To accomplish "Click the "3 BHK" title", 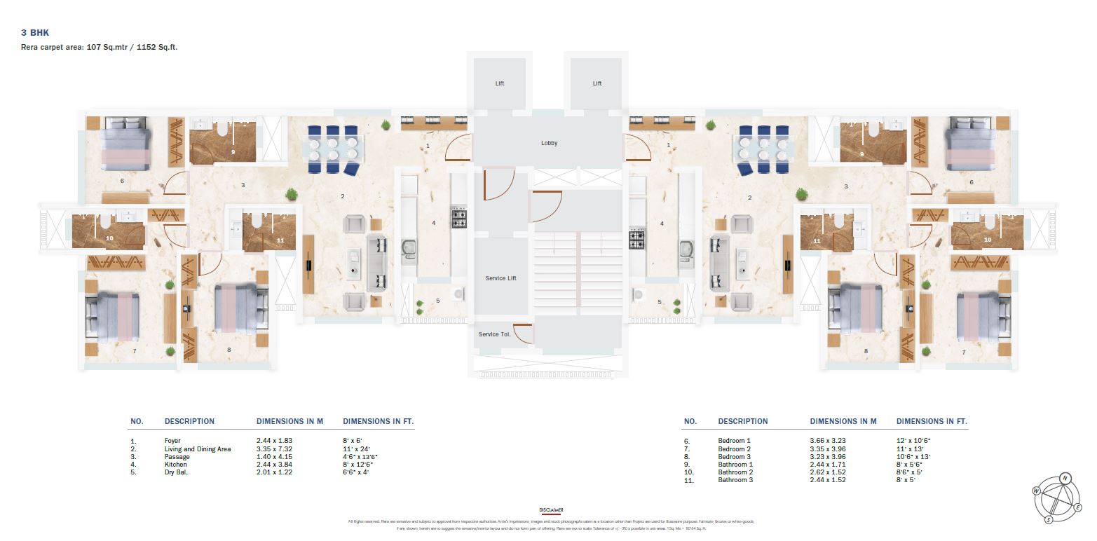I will [34, 33].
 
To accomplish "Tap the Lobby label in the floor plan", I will [549, 143].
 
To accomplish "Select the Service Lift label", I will [500, 278].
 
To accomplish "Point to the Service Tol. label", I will [494, 334].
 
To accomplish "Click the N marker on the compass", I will [1065, 478].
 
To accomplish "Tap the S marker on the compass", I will [1049, 519].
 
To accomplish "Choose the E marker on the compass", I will [1077, 507].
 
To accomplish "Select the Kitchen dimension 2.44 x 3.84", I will [275, 465].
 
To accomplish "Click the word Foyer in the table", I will [173, 441].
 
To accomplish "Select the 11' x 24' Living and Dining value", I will [357, 449].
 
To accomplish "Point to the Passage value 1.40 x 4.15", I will [275, 457].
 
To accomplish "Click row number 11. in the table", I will [690, 480].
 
